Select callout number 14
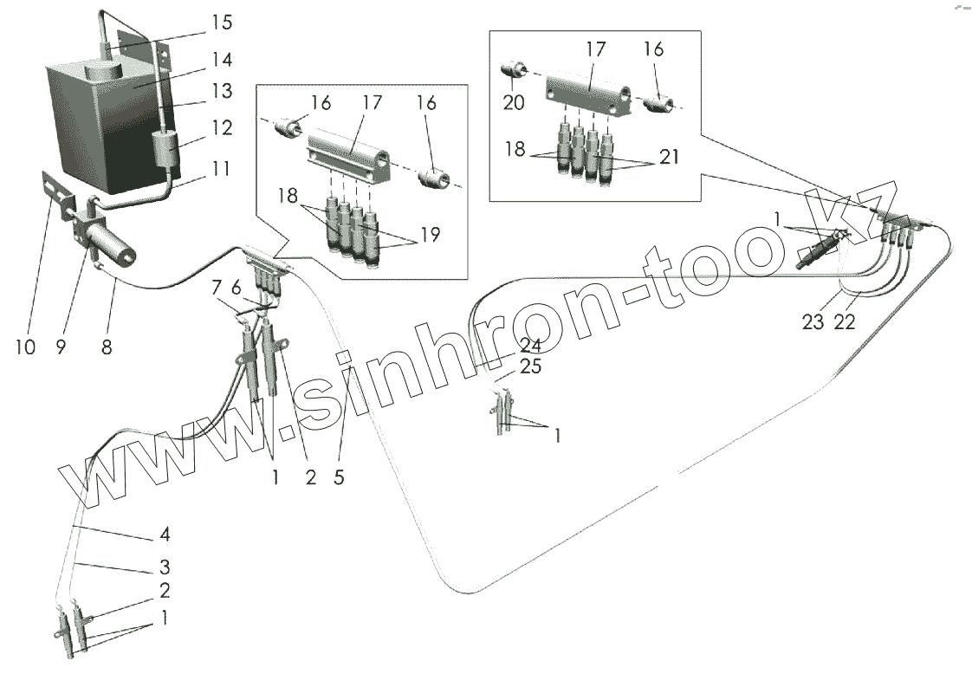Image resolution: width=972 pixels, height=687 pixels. (x=221, y=60)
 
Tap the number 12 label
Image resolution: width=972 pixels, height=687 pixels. (x=221, y=128)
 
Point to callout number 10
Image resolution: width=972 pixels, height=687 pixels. (x=25, y=347)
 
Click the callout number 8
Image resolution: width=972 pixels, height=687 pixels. (x=106, y=347)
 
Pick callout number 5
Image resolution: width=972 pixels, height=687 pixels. (x=339, y=477)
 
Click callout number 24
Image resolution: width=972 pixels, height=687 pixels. (x=529, y=345)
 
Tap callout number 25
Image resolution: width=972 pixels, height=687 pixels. (x=529, y=367)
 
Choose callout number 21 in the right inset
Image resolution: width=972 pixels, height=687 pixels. (x=668, y=157)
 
